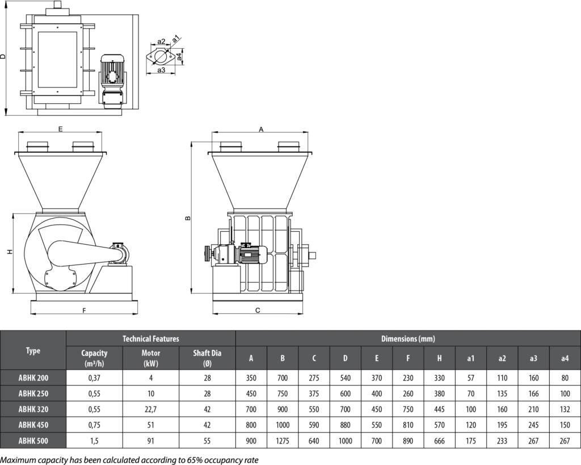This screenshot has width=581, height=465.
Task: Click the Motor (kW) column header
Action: (x=150, y=358)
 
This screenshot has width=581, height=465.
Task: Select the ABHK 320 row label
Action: (x=33, y=409)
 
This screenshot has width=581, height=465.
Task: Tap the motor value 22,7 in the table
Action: (x=150, y=409)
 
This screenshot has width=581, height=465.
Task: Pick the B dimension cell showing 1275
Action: (x=283, y=440)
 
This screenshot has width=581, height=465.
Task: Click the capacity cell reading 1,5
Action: (x=94, y=440)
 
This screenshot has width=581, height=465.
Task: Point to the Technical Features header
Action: (x=150, y=338)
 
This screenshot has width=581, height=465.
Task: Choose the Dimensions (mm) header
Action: (x=408, y=338)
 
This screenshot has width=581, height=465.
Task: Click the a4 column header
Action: (x=565, y=358)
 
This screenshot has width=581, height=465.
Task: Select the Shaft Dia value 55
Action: (x=207, y=440)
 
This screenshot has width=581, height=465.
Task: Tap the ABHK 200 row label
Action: (x=33, y=377)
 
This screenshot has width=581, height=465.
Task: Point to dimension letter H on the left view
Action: (x=10, y=252)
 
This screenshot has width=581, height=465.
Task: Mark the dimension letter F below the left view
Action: (x=83, y=311)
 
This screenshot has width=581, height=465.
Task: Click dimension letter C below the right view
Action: (x=258, y=311)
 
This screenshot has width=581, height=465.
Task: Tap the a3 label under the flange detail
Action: (x=161, y=70)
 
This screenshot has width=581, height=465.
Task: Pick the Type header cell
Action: (x=33, y=351)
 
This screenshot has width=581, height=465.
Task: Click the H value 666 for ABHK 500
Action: (x=439, y=440)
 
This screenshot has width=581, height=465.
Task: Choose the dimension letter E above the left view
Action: (x=60, y=129)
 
